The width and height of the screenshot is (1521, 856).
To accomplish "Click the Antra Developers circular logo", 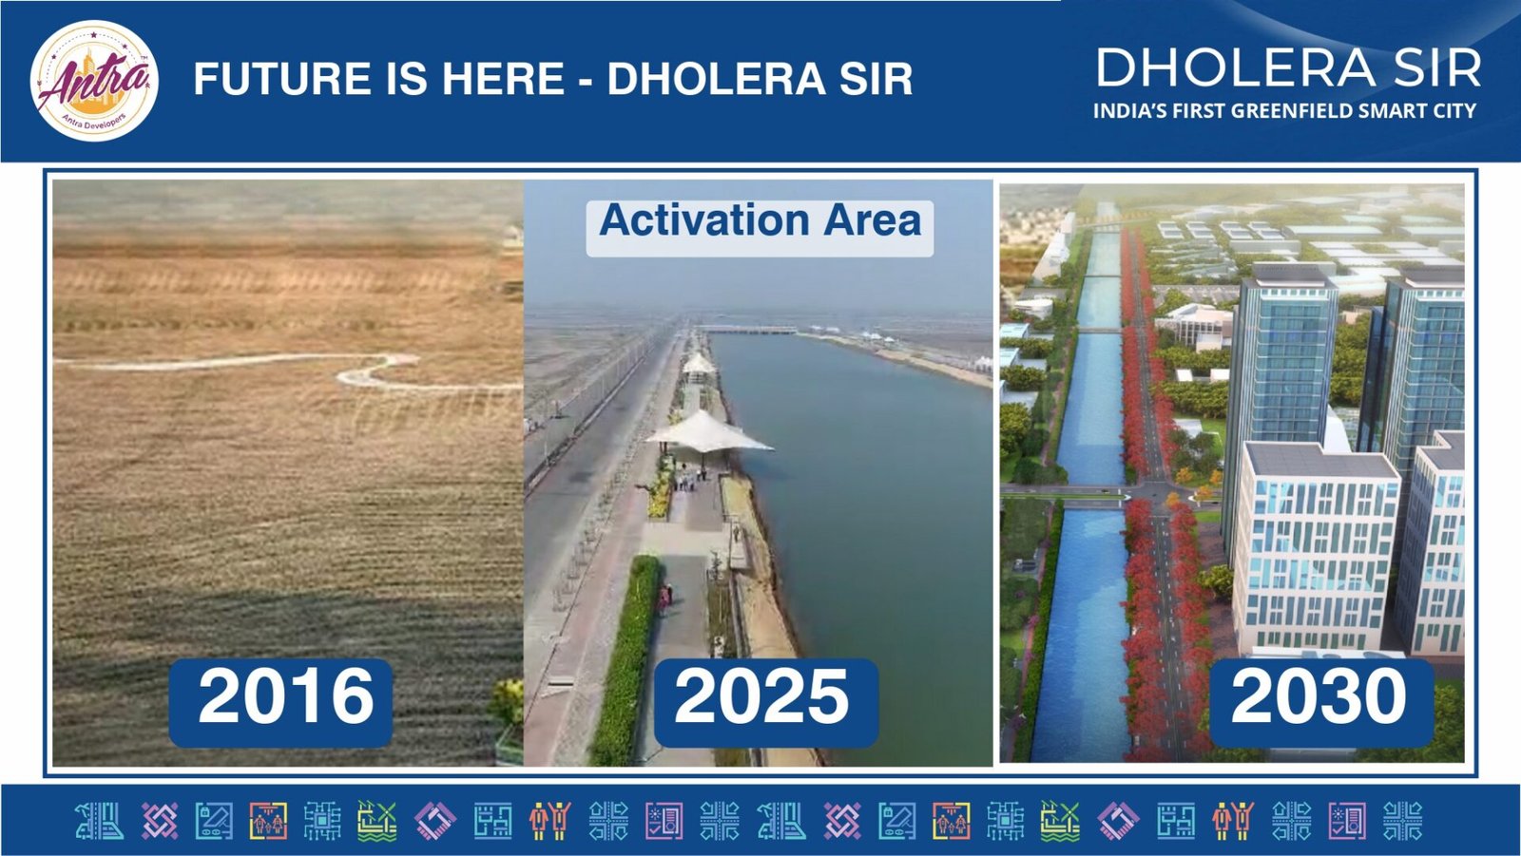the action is [x=94, y=80].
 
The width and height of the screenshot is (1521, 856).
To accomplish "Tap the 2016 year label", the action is [x=281, y=703].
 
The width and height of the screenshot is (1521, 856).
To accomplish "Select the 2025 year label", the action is [x=766, y=703].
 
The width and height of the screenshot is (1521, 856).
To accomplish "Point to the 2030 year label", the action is [x=1321, y=703].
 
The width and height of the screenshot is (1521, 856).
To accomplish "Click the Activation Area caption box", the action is [x=760, y=228].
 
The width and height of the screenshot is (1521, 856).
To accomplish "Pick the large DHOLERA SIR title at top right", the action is [x=1288, y=67].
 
